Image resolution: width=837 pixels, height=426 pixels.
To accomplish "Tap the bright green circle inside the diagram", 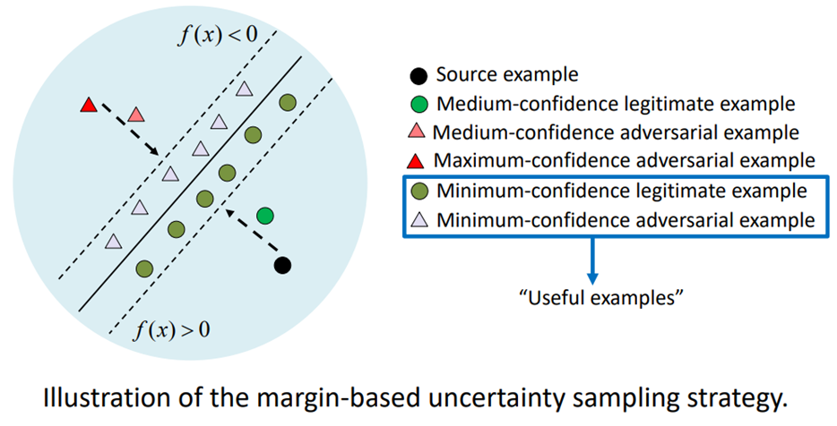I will click(264, 216).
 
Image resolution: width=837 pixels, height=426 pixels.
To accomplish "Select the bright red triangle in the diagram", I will click(88, 106).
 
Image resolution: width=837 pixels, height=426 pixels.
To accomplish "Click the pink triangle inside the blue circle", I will click(135, 115).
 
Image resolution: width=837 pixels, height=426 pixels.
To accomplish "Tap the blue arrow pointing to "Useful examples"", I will click(592, 259).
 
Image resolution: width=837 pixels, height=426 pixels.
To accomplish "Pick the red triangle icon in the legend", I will click(418, 162).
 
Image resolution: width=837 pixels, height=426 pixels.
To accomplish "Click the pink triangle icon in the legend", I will click(418, 133).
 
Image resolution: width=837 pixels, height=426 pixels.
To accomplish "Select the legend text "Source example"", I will click(507, 75).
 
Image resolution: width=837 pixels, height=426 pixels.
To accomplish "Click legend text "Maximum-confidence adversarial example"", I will click(624, 161).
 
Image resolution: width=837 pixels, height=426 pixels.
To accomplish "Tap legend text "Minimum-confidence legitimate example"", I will click(620, 191).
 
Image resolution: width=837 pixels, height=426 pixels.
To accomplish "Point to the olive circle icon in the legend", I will click(418, 191).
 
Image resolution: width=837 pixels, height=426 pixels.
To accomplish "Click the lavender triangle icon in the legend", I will click(418, 219).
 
